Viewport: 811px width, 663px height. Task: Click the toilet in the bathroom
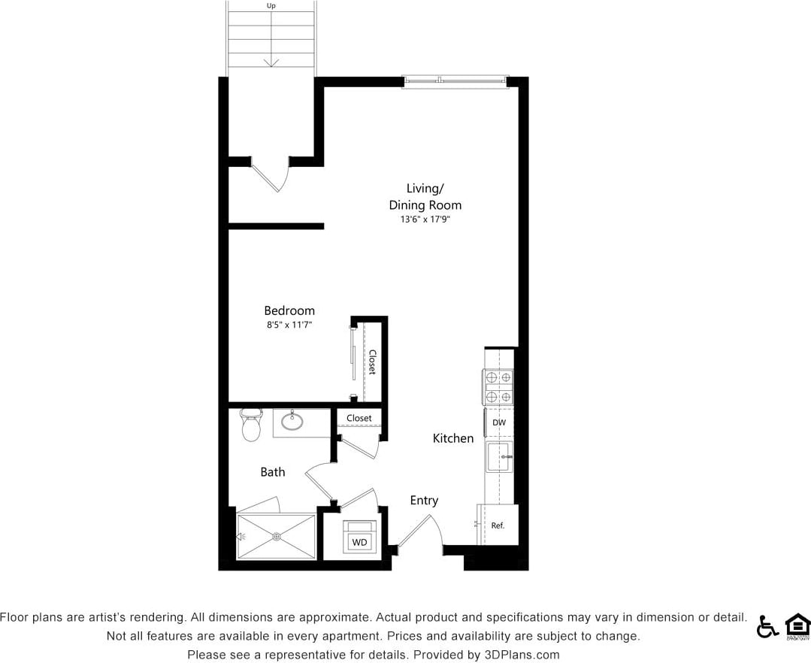click(x=250, y=425)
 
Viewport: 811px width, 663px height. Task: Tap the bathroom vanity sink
click(x=292, y=421)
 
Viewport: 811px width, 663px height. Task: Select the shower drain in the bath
click(x=277, y=536)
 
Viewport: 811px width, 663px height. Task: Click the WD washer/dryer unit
click(x=359, y=538)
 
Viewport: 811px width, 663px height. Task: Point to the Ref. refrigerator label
click(x=498, y=525)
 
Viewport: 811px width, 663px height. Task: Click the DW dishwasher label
click(x=499, y=422)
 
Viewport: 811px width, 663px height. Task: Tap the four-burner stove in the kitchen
click(x=498, y=387)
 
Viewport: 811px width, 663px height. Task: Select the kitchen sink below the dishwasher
click(x=499, y=456)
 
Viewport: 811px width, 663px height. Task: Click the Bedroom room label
click(x=289, y=310)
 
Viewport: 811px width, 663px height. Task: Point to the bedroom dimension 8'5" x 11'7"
click(x=289, y=325)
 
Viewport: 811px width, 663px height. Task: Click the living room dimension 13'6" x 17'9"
click(x=425, y=220)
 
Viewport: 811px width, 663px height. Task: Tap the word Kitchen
click(x=453, y=438)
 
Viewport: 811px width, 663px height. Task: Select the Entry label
click(x=424, y=500)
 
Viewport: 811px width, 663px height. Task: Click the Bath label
click(x=273, y=472)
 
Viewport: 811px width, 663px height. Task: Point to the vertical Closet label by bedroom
click(x=372, y=362)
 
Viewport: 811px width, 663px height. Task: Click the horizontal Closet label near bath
click(x=359, y=418)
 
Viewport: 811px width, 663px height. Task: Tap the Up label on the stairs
click(x=271, y=6)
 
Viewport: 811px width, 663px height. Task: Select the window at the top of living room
click(x=455, y=81)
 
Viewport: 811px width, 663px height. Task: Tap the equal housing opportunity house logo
click(x=797, y=625)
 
